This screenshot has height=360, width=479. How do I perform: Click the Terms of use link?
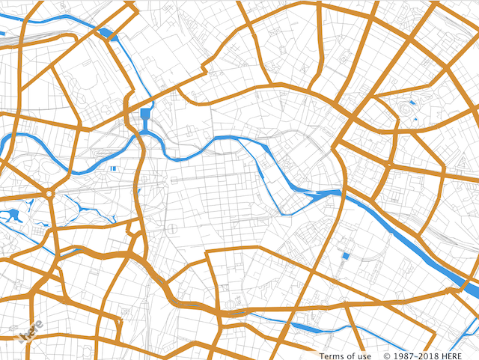345,356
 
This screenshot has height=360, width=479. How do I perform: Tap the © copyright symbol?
388,356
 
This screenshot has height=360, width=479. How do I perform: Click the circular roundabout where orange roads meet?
49,194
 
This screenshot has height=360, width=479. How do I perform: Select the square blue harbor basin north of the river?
145,115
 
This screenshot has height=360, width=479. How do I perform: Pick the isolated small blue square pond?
346,257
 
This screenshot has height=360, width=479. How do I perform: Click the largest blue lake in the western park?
12,216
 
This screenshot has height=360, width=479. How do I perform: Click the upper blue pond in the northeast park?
410,102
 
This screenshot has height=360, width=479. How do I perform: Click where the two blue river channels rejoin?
329,192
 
